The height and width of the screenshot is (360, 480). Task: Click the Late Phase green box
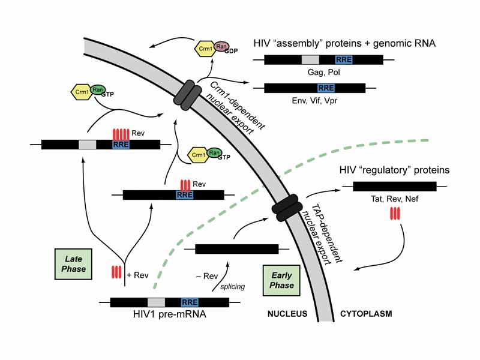tap(74, 265)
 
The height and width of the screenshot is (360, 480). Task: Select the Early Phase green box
tap(281, 280)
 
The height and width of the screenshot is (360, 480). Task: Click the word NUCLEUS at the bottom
tap(287, 314)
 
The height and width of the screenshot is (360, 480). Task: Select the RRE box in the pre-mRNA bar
tap(190, 302)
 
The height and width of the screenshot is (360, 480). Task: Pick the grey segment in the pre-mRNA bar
tap(156, 302)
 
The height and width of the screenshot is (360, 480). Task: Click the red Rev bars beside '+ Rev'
tap(117, 272)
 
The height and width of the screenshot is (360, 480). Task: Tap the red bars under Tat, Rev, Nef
tap(394, 213)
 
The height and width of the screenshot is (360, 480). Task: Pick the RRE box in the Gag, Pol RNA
tap(344, 60)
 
